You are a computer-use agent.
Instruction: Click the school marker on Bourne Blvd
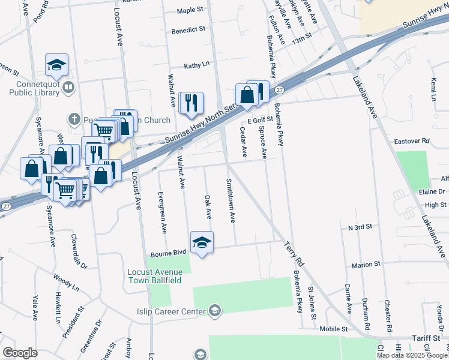(x=202, y=242)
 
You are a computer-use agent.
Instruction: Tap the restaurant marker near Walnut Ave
(x=191, y=103)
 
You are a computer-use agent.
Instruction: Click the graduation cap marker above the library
(x=56, y=65)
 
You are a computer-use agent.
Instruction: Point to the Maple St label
(x=191, y=11)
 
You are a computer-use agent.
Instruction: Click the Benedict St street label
(x=188, y=29)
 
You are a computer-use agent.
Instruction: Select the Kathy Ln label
(x=197, y=64)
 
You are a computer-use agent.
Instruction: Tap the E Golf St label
(x=260, y=121)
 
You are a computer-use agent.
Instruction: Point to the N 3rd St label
(x=360, y=228)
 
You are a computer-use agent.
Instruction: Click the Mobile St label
(x=334, y=329)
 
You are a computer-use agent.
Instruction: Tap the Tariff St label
(x=427, y=339)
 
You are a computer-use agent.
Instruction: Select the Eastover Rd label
(x=412, y=141)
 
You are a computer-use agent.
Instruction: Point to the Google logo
(x=20, y=352)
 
